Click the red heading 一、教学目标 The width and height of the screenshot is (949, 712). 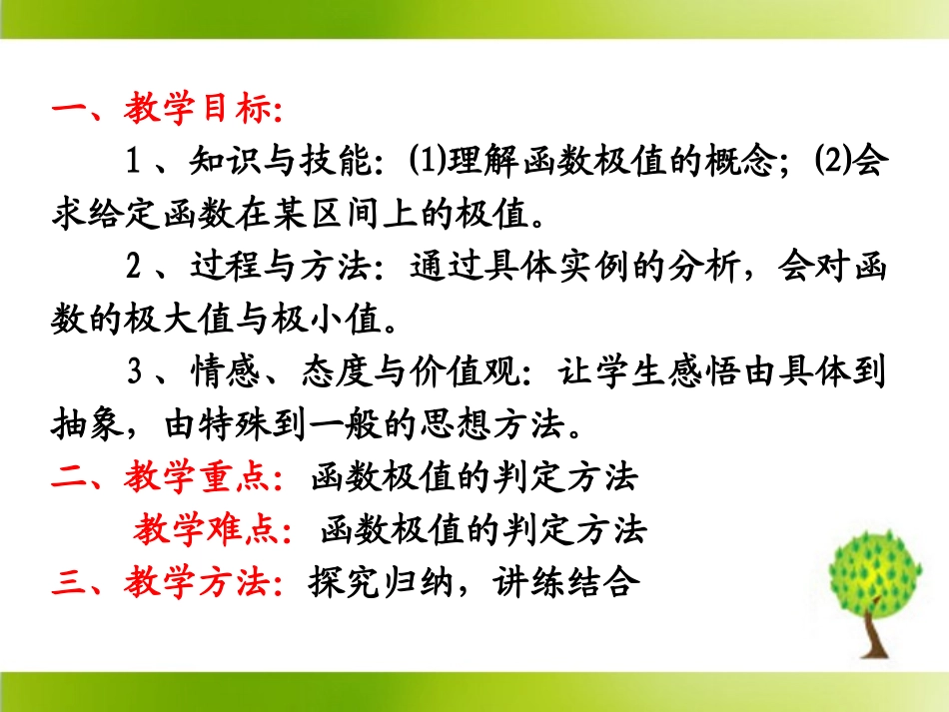[166, 110]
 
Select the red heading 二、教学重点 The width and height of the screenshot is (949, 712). [166, 478]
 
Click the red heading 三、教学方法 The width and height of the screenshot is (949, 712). [166, 581]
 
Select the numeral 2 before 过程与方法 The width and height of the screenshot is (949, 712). [137, 268]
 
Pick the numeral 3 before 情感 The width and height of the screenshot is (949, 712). [137, 374]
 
